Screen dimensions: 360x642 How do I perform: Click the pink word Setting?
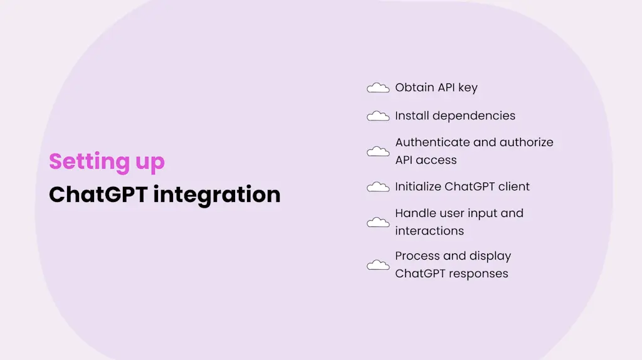tap(80, 162)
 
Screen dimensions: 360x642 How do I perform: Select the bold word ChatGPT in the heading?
tap(97, 194)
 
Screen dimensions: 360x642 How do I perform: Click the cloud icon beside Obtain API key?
tap(378, 88)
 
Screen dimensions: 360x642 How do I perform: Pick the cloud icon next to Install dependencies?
tap(378, 116)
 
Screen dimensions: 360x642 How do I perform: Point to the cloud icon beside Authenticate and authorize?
tap(378, 151)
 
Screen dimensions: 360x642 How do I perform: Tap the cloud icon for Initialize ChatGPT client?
tap(378, 187)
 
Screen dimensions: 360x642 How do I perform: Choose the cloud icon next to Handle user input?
tap(378, 222)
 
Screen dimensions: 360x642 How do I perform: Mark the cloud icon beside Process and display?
tap(378, 265)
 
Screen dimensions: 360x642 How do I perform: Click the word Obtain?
tap(414, 88)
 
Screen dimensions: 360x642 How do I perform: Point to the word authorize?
tap(525, 142)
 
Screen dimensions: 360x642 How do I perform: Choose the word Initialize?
tap(418, 187)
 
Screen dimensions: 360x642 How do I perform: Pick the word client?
tap(513, 187)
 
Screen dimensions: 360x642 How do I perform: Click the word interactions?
tap(429, 231)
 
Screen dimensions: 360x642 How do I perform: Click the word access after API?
tap(437, 160)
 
